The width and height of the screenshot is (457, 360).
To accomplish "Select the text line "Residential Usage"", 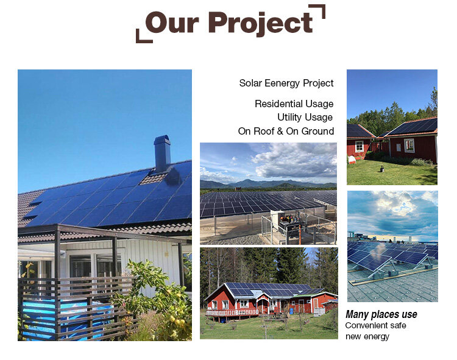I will click(294, 104).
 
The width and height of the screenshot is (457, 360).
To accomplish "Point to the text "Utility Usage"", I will click(305, 117).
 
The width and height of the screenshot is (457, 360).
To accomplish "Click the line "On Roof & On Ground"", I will click(286, 131).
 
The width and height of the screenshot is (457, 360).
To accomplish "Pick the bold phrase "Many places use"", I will click(381, 314).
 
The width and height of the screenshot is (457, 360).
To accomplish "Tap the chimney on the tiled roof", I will click(163, 153).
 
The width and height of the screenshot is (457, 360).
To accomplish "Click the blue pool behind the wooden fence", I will click(67, 317).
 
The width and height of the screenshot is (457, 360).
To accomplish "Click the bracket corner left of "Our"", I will click(141, 37).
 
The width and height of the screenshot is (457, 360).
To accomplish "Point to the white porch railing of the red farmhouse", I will click(225, 312).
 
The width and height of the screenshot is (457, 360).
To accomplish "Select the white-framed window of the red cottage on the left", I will click(360, 146).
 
